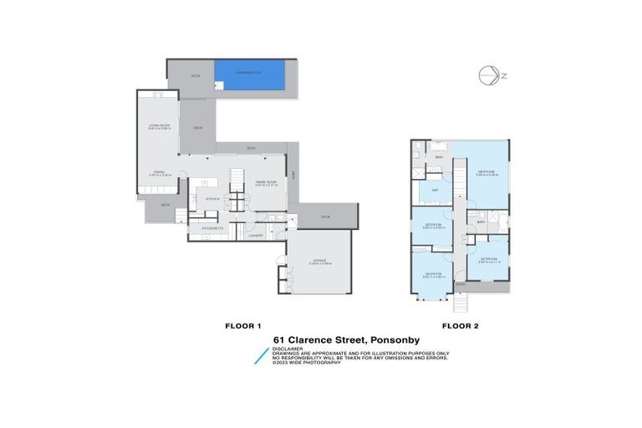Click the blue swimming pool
tap(249, 74)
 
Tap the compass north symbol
tap(490, 75)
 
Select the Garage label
tap(319, 261)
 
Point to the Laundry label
tap(257, 236)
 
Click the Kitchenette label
tap(210, 226)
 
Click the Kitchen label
tap(211, 199)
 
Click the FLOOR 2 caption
tap(459, 324)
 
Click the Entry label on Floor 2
tap(460, 284)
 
